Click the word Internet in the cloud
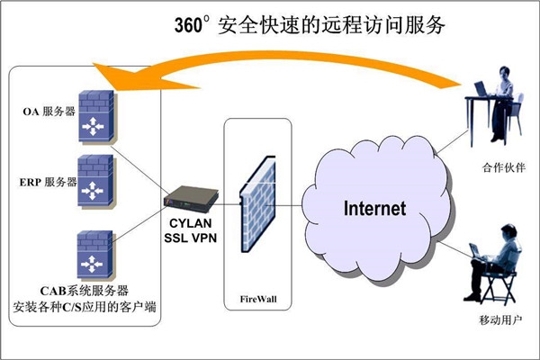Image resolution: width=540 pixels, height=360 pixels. [x=375, y=209]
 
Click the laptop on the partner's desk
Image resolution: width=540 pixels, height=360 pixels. [x=477, y=88]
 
